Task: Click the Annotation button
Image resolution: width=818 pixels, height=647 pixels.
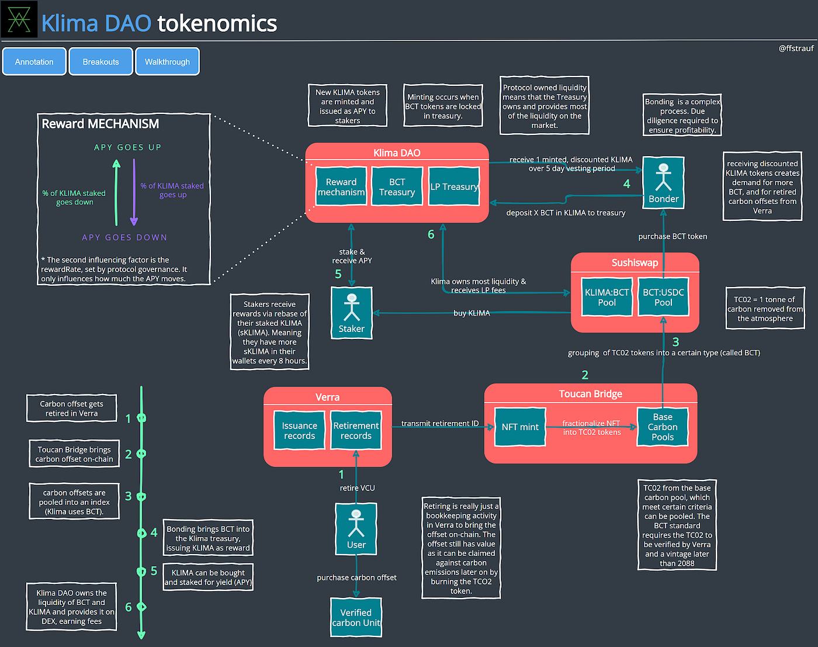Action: [x=34, y=61]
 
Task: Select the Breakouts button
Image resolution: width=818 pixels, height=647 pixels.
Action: [x=100, y=61]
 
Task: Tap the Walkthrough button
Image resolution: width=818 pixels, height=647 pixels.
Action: [x=167, y=61]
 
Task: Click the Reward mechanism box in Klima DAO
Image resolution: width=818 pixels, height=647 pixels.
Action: [x=341, y=186]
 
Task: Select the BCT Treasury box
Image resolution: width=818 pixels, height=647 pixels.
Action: [x=397, y=186]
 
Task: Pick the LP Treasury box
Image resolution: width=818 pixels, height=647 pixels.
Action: [x=454, y=186]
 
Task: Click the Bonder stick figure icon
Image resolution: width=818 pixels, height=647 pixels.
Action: [x=663, y=177]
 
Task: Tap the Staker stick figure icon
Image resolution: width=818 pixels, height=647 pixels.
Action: [x=352, y=307]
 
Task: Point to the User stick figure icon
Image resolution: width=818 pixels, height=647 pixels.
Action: [x=356, y=524]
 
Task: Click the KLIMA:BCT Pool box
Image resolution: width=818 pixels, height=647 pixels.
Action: [x=606, y=297]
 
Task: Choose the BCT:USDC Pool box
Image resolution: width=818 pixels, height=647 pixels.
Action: [x=663, y=297]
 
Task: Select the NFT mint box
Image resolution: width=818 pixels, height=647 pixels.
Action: [x=520, y=427]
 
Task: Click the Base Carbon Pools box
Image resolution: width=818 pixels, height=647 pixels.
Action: [x=663, y=427]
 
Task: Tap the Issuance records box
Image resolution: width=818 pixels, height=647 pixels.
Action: [x=299, y=431]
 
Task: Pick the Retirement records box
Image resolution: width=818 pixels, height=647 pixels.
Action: [x=356, y=431]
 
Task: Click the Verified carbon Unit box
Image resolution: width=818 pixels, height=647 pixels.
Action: [x=356, y=617]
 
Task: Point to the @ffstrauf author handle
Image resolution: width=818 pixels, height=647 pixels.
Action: [x=796, y=49]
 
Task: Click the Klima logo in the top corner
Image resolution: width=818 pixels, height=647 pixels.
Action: [x=19, y=19]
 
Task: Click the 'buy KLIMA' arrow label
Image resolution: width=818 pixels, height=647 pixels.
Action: [x=472, y=313]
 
